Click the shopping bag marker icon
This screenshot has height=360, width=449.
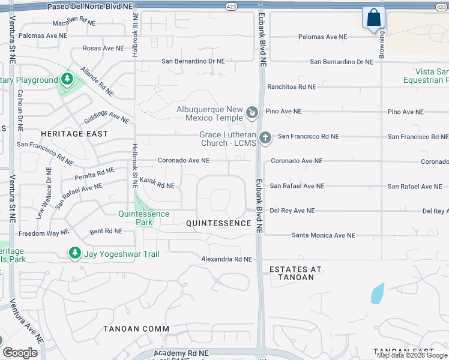(373, 18)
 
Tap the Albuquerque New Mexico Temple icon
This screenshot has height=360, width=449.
(253, 112)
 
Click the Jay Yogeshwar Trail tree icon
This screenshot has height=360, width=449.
(75, 254)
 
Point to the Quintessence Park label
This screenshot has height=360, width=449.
(143, 214)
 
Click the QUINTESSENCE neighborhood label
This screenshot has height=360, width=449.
(218, 223)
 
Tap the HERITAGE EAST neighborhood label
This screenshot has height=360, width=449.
(74, 134)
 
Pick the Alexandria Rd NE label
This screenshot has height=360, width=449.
(226, 259)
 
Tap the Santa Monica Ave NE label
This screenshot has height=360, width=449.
(319, 235)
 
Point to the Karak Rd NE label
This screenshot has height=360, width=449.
(157, 183)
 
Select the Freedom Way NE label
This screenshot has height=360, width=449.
(44, 233)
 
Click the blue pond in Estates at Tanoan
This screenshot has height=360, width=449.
(378, 293)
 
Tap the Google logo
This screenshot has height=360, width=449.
(20, 352)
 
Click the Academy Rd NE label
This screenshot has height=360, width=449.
(181, 354)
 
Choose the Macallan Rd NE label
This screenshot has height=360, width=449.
(74, 22)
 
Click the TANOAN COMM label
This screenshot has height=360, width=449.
(136, 329)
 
